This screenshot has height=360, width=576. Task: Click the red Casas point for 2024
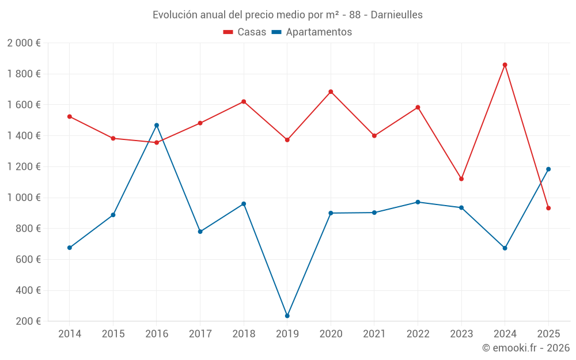point(505,65)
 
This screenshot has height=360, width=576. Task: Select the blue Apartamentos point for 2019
point(287,316)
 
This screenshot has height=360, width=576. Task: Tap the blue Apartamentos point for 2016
point(157,125)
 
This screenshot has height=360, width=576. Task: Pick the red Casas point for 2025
point(548,208)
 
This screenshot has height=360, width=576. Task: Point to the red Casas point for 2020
point(331,92)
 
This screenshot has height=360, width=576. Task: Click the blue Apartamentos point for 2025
point(548,169)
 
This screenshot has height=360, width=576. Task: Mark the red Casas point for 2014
point(70,116)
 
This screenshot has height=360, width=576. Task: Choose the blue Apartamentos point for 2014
point(70,248)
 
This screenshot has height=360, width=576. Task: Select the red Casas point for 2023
point(461,179)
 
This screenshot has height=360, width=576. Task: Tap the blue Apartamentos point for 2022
point(418,202)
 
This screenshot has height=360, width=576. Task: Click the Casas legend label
point(252,32)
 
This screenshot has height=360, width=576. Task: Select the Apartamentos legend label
point(319,32)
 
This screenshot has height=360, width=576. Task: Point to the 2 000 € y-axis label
point(24,43)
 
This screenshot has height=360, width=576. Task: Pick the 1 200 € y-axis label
point(24,167)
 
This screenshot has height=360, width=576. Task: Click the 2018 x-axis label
point(244,334)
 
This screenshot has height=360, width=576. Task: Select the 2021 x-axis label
point(374,334)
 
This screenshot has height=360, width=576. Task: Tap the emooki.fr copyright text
point(526,348)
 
